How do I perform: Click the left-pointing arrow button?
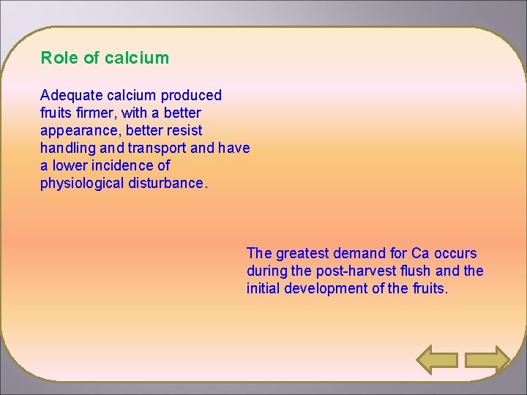click(437, 360)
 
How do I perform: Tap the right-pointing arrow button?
click(487, 360)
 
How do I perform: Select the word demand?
click(359, 254)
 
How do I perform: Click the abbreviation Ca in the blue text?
click(420, 254)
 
